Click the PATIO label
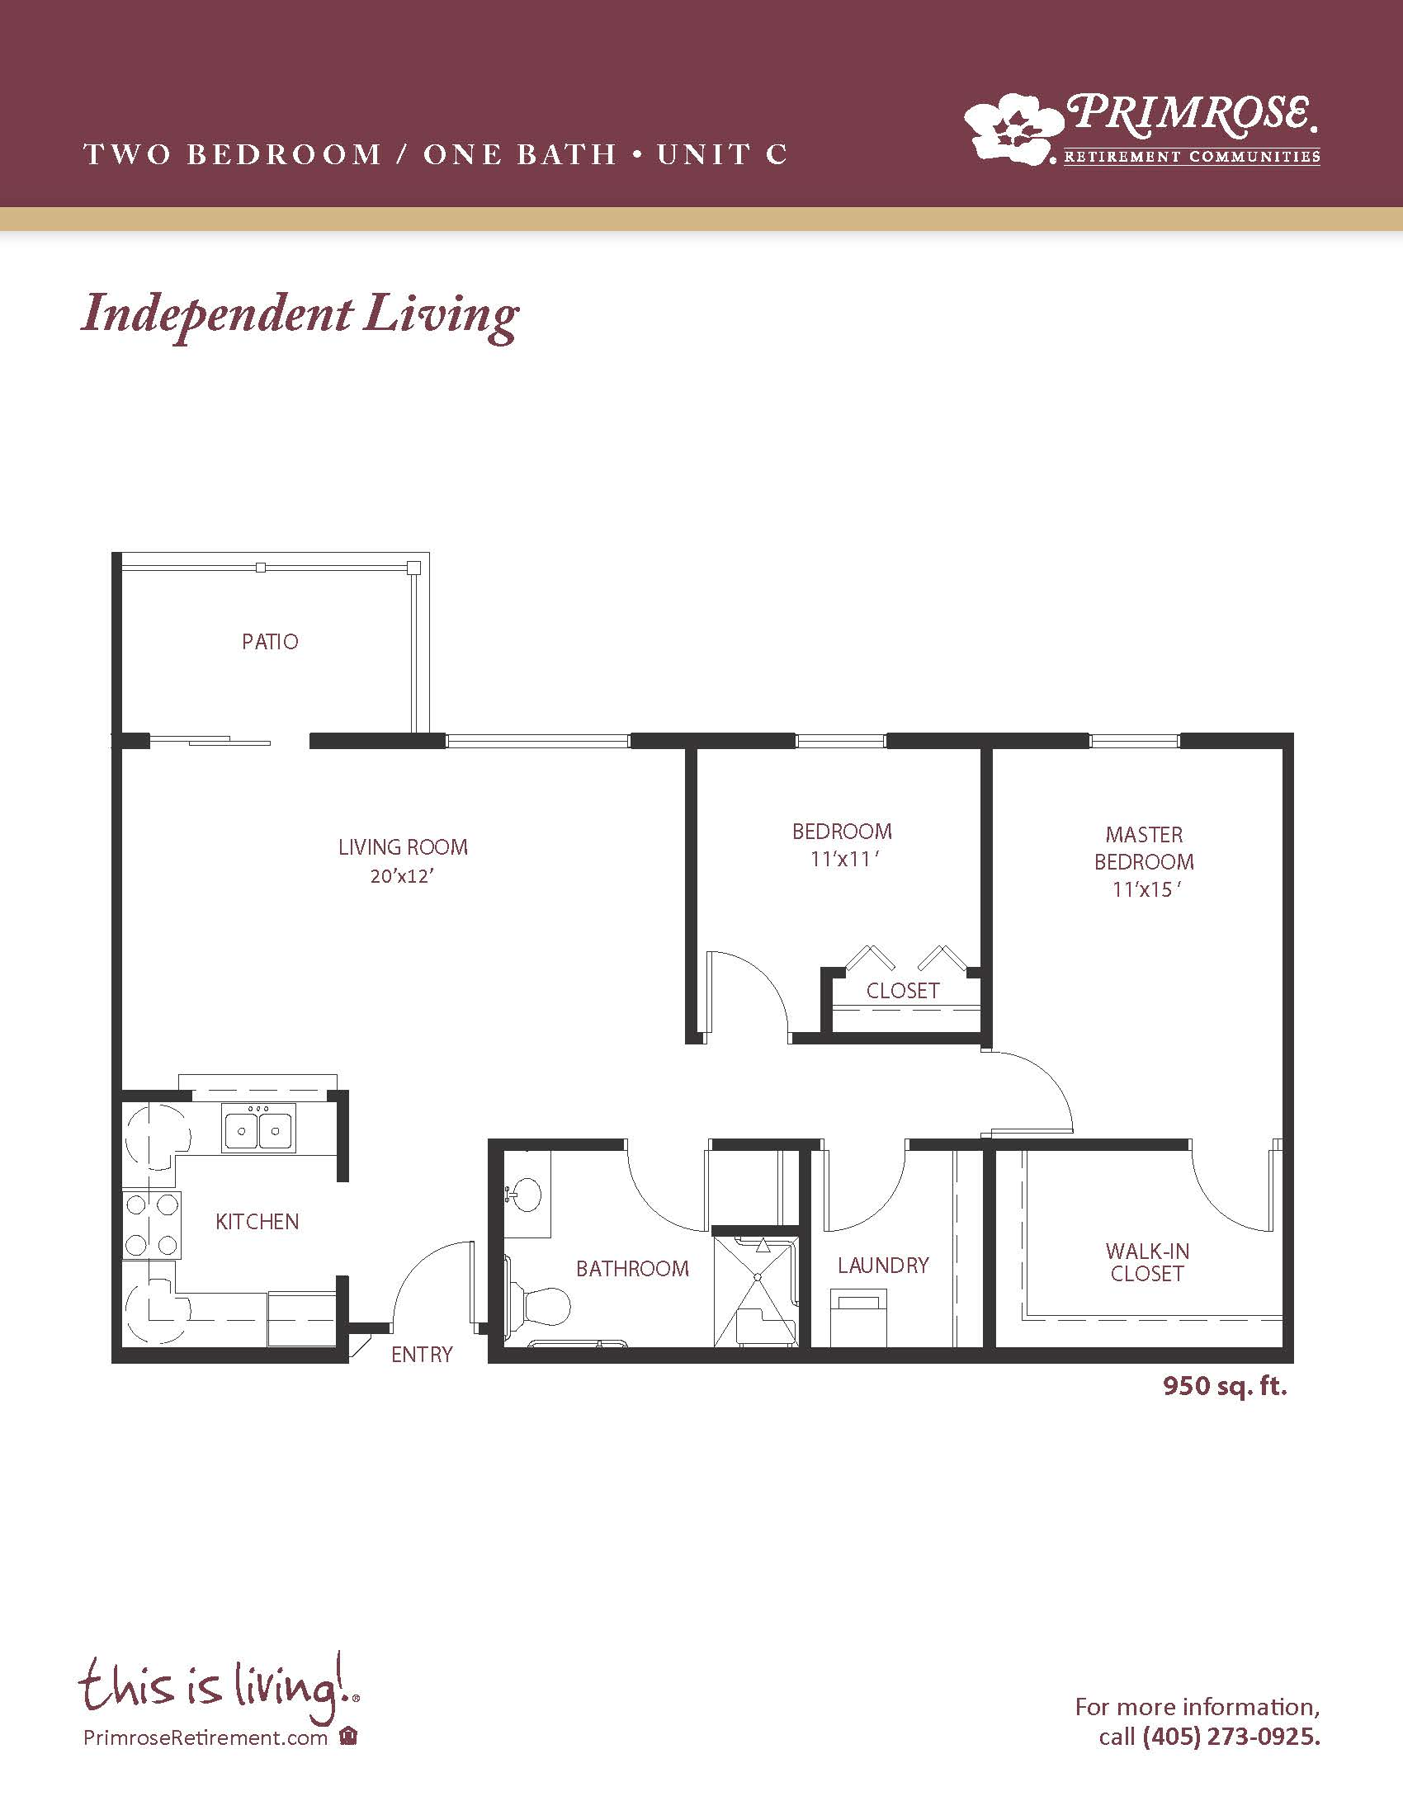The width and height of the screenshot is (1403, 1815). tap(270, 642)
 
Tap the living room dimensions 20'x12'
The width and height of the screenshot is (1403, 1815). tap(403, 876)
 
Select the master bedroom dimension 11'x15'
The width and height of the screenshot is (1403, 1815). tap(1147, 890)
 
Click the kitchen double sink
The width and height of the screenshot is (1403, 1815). tap(258, 1129)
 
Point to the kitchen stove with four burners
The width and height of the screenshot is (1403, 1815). tap(151, 1225)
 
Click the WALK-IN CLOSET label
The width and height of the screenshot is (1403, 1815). tap(1147, 1261)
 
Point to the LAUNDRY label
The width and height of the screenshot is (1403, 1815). tap(883, 1265)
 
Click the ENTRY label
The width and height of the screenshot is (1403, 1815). tap(422, 1355)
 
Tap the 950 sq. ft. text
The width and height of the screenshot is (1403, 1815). tap(1224, 1386)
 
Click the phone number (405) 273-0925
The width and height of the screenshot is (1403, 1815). tap(1231, 1736)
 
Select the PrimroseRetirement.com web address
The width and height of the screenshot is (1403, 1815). tap(205, 1738)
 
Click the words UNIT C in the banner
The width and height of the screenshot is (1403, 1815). tap(721, 154)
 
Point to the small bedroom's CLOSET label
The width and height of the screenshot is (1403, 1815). tap(903, 991)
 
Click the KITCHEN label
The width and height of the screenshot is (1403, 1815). tap(257, 1222)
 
